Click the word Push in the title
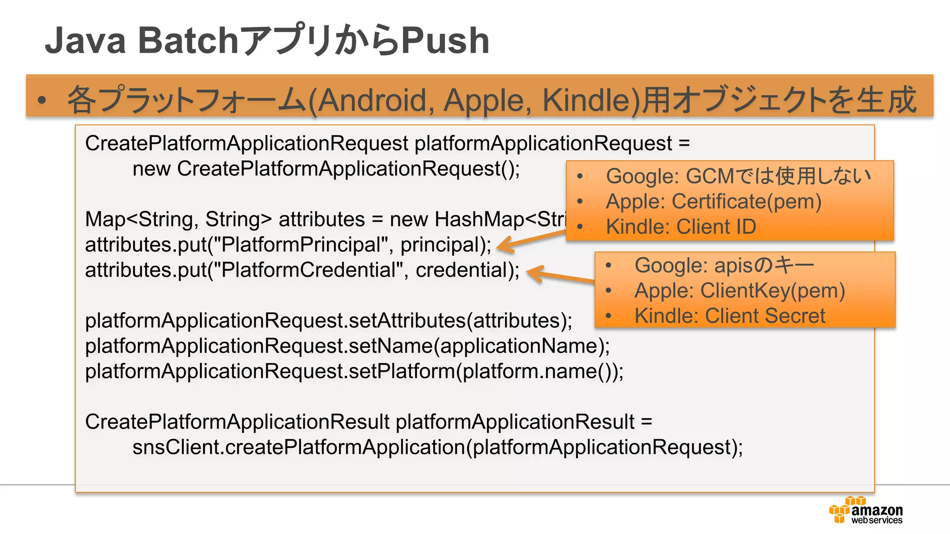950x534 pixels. coord(444,41)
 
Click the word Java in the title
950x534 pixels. coord(85,41)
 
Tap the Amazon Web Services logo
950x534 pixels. coord(866,510)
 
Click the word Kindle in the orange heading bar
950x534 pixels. coord(584,100)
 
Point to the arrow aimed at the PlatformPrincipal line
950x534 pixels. coord(529,241)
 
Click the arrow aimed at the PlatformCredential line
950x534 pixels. coord(559,275)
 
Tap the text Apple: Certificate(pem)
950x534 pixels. coord(713,202)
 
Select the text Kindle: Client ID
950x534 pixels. coord(680,227)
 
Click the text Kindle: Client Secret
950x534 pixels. coord(730,316)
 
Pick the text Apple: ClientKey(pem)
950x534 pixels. coord(739,291)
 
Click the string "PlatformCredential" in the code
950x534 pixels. coord(310,270)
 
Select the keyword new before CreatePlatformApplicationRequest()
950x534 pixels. coord(151,169)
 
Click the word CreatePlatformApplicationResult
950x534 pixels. coord(237,422)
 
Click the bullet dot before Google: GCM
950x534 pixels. coord(580,177)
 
